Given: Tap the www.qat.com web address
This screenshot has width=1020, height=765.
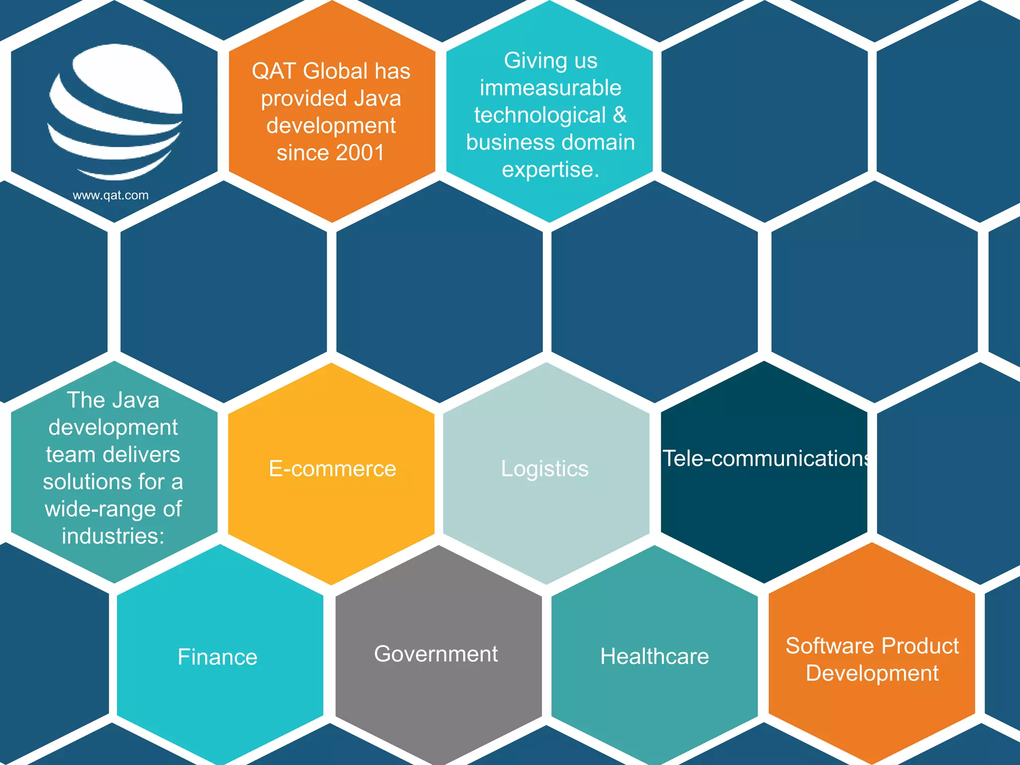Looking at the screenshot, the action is (111, 195).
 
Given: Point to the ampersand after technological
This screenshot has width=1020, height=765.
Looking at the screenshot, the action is (619, 115).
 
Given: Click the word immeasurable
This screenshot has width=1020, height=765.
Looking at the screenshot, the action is (550, 88).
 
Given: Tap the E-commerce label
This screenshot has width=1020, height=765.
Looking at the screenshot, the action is (332, 469).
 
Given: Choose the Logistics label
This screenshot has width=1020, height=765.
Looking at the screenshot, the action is (544, 469).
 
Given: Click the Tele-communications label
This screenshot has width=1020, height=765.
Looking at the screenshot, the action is (765, 459).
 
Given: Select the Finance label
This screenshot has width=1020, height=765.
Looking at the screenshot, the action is (218, 657).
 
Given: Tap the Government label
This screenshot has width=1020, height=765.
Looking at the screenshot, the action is (436, 654).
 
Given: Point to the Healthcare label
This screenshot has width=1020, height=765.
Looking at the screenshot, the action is (654, 656).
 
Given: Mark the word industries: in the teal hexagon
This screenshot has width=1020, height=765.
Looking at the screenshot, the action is (113, 536).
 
